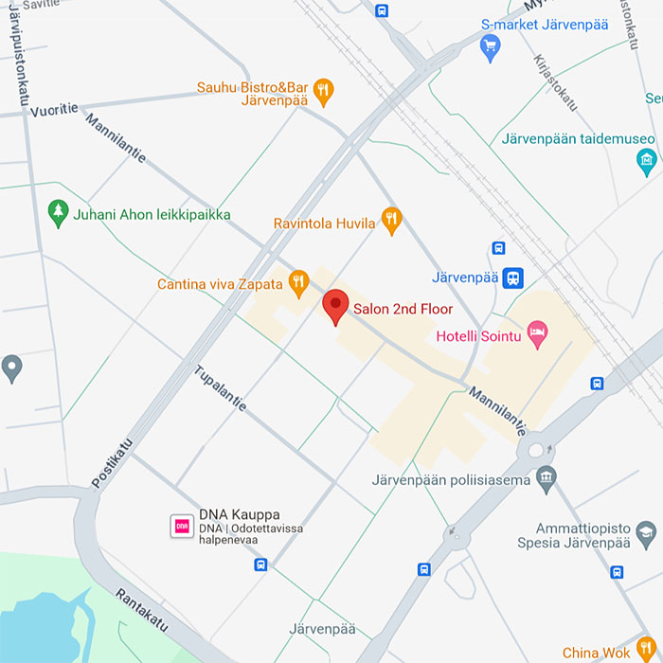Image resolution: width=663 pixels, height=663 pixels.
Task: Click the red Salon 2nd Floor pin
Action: (335, 307)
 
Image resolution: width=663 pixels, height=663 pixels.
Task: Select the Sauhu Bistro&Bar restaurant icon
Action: (324, 91)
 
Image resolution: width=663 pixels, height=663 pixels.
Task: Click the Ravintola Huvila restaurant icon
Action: (391, 220)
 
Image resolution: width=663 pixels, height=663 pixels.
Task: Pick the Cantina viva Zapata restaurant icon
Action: (299, 280)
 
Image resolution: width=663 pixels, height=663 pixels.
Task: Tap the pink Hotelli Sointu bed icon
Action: (537, 334)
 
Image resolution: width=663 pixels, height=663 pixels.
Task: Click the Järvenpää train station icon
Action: (512, 278)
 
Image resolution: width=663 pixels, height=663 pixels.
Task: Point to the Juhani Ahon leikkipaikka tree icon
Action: (59, 213)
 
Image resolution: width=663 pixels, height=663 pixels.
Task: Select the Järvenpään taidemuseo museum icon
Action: (647, 161)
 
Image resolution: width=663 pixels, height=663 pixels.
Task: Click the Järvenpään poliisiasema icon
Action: (546, 478)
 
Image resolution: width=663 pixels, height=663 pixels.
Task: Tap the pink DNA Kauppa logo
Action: (181, 526)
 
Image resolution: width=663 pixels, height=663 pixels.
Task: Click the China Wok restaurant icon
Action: (647, 649)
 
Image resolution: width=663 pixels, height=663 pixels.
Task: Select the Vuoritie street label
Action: (54, 110)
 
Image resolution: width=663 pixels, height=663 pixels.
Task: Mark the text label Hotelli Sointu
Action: (479, 335)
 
